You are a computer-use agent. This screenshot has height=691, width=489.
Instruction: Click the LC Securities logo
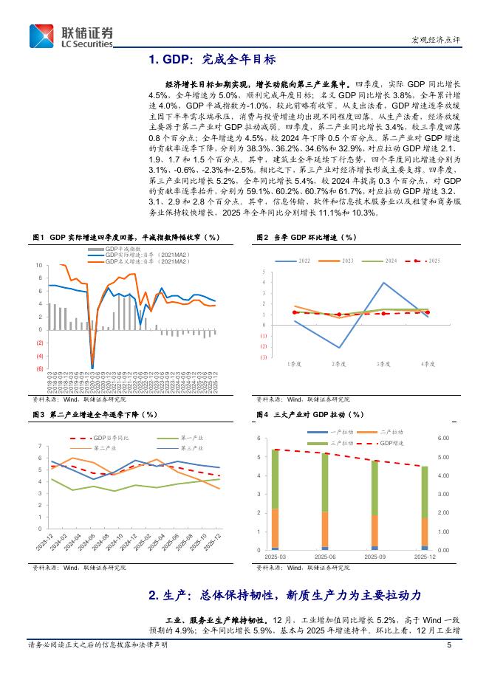72,35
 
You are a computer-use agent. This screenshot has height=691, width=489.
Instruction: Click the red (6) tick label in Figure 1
39,368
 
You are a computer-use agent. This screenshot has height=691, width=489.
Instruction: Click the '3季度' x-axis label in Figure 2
383,364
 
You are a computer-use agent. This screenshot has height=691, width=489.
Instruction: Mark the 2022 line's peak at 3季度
383,282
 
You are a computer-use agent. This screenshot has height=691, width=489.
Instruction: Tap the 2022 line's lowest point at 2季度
339,348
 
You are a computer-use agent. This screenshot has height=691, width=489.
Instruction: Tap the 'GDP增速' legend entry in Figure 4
391,442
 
